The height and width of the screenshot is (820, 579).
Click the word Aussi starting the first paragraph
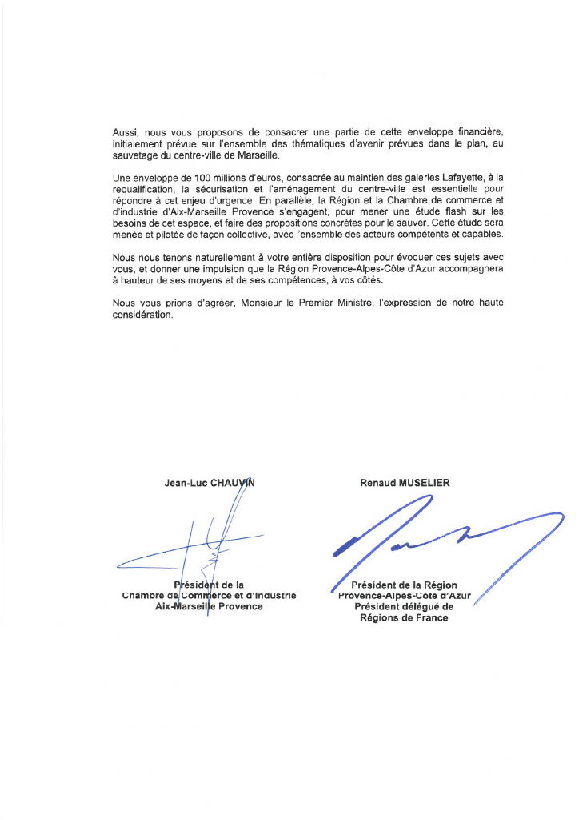tap(126, 130)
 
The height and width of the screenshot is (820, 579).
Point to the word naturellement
tap(209, 257)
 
